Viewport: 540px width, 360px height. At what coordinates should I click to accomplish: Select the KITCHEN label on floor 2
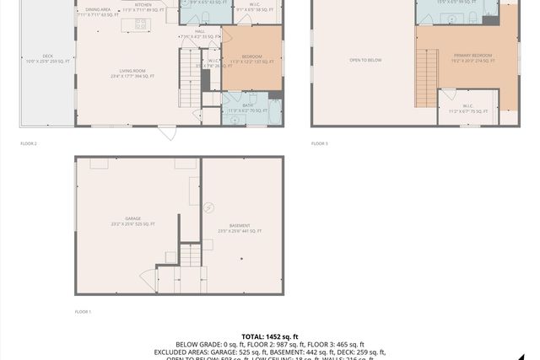(x=144, y=5)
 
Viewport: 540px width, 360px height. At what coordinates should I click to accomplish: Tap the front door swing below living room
(x=167, y=133)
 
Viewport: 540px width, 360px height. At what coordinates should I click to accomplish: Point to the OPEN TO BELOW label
(x=365, y=60)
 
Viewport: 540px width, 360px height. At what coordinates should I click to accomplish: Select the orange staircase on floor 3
(x=427, y=78)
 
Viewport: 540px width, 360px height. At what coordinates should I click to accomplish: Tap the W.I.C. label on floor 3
(x=467, y=107)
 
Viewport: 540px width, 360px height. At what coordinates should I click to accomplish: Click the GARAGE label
(x=132, y=221)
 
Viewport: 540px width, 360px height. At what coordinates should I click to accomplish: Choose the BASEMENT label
(x=240, y=228)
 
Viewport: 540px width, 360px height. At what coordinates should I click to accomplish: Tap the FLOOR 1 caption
(x=84, y=312)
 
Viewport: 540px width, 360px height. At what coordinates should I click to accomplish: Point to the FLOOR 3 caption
(x=319, y=143)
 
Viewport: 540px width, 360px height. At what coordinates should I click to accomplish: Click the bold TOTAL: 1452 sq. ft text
(x=270, y=336)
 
